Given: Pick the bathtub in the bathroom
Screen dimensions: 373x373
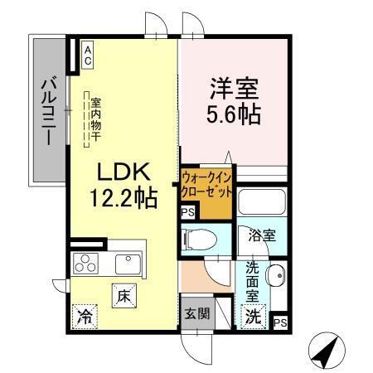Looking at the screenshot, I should coord(262,204).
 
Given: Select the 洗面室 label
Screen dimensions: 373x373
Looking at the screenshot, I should coord(253,280).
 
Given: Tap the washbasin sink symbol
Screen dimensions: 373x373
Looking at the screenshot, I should coord(277,274).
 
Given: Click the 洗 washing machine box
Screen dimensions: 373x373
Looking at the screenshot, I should coord(254,315).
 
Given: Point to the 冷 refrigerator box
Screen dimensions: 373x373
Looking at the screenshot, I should coord(85,316).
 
